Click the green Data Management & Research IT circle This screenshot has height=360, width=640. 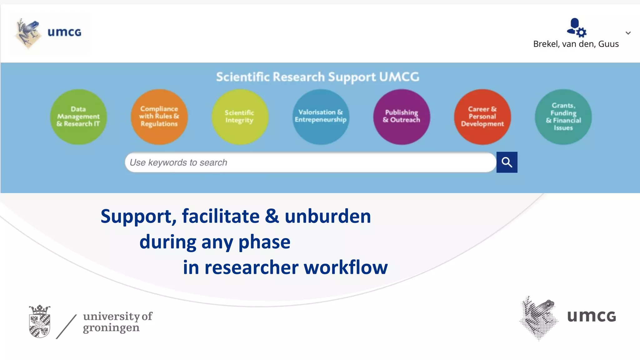click(78, 117)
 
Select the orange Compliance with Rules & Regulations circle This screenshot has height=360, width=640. click(159, 117)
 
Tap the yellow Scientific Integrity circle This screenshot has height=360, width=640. click(240, 117)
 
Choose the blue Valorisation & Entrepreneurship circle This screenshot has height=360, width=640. click(321, 117)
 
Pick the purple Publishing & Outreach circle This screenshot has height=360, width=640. click(402, 117)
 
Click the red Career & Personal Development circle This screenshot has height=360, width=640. click(482, 117)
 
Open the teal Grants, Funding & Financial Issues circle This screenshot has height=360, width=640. click(563, 117)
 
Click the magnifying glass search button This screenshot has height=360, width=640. click(507, 162)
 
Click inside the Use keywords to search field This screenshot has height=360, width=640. click(309, 162)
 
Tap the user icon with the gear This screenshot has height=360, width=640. click(576, 27)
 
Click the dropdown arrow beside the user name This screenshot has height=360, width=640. click(628, 33)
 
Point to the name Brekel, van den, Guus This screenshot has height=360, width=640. click(576, 44)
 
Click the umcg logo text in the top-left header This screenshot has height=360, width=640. click(64, 32)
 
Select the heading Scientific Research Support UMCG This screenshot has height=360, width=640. click(317, 77)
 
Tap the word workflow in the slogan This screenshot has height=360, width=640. click(346, 267)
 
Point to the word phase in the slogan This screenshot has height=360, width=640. click(264, 242)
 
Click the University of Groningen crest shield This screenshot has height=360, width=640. click(40, 322)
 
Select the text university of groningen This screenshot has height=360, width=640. click(117, 322)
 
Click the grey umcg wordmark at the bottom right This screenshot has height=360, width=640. click(591, 316)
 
